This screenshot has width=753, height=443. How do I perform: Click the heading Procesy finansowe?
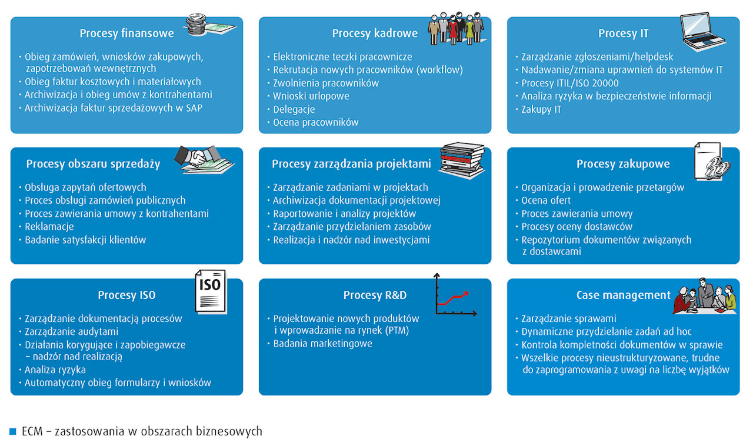127,33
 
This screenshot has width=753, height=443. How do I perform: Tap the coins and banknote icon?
209,26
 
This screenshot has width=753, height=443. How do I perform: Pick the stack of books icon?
462,160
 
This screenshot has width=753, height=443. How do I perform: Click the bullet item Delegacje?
294,109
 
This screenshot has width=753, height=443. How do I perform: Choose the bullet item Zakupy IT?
541,110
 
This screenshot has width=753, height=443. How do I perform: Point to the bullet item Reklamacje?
49,227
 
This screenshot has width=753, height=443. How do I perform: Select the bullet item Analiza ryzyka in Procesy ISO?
55,370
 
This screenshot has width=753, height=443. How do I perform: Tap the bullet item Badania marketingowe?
322,344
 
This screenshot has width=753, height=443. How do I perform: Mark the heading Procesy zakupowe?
623,164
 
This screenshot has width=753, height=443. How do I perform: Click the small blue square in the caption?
13,432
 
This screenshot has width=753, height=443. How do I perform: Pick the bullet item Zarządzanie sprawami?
568,319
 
